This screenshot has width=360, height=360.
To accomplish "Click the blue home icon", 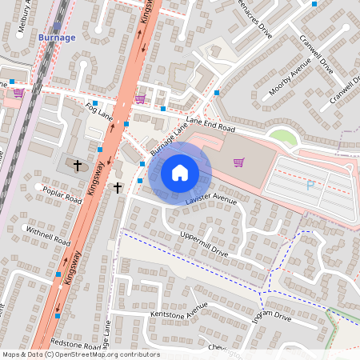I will (180, 173).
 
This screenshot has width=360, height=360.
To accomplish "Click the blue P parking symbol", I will (310, 186).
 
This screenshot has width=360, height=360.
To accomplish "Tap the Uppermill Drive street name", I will (204, 243).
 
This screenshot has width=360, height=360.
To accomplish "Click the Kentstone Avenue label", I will (178, 310).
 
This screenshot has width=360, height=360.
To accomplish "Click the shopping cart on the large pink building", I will (238, 162).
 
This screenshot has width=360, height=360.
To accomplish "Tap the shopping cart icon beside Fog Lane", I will (140, 99).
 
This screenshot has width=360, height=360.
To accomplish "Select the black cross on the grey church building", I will (78, 166).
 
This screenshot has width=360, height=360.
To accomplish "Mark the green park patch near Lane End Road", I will (282, 138).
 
